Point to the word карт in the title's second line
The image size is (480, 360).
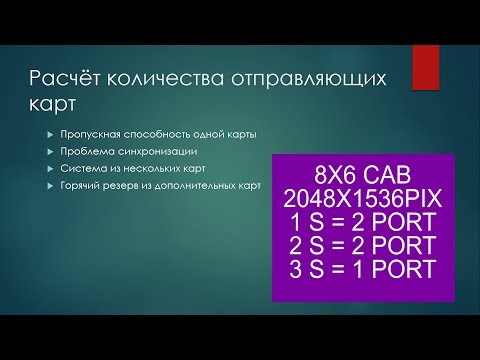tap(54, 104)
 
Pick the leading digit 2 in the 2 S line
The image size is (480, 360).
tap(291, 246)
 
